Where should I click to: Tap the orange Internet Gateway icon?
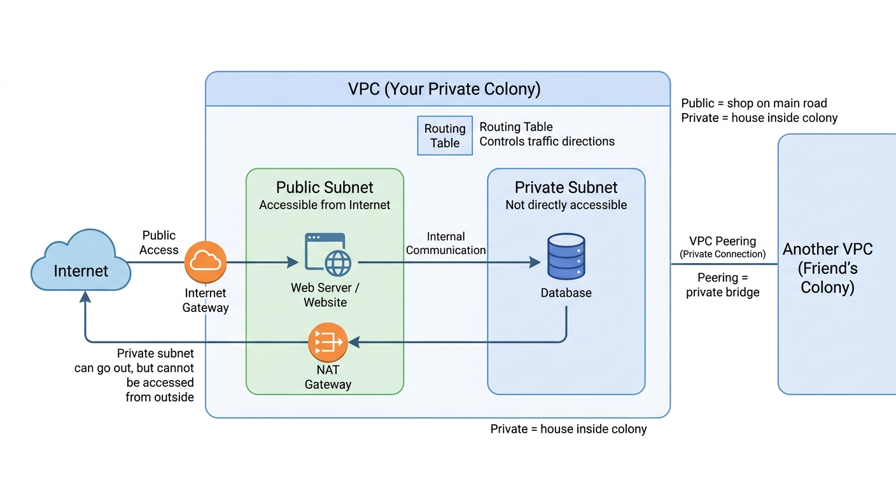coord(206,262)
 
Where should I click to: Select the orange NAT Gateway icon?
coord(328,342)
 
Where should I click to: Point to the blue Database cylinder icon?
coord(566,256)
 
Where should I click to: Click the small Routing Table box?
coord(445,135)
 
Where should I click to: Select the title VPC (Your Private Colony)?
coord(444,89)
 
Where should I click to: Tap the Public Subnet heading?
coord(325,187)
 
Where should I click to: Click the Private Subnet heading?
coord(566,187)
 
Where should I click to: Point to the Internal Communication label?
coord(445,243)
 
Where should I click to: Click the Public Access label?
coord(158,243)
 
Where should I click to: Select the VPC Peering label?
coord(722,241)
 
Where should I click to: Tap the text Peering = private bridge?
coord(722,285)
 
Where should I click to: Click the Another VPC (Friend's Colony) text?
coord(827,268)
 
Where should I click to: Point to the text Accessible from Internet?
coord(325,205)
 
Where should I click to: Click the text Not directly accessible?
coord(566,205)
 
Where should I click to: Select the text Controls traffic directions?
coord(547,142)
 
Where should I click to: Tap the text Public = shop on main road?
coord(753,103)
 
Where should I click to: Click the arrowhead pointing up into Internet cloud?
coord(85,296)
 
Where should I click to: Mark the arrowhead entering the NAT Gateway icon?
coord(353,342)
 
